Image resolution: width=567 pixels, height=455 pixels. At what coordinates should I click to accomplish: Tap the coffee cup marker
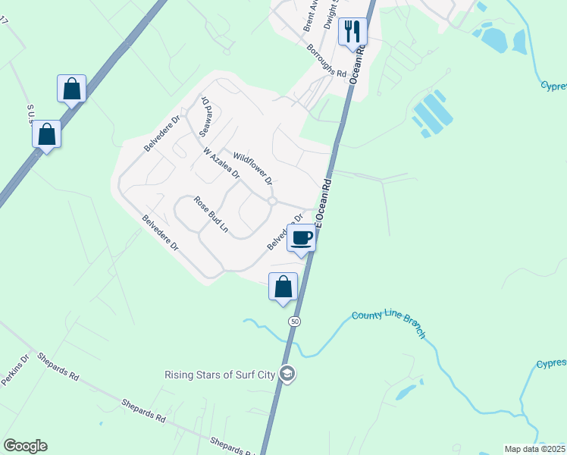pos(301,238)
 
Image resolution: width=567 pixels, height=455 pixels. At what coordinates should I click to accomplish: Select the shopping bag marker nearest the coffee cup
pos(283,287)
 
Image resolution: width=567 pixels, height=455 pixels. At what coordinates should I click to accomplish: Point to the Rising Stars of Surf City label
pos(221,375)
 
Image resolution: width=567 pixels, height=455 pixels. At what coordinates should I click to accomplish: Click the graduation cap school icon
pos(287,374)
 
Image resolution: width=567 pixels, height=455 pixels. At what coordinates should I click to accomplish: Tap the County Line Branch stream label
pos(387,324)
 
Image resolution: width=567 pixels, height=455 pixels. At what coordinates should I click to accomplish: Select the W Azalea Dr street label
pos(222,163)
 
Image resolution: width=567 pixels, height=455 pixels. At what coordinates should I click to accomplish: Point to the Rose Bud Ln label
pos(211,215)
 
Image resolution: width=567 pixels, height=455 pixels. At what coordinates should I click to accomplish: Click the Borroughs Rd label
pos(327,64)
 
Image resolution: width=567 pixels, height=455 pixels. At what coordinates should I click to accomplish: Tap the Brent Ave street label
pos(309,15)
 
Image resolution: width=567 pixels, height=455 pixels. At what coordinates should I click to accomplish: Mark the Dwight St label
pos(330,15)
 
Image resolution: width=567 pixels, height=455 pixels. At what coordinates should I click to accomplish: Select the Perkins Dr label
pos(14,369)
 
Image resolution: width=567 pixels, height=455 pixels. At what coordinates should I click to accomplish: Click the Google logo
pos(25,446)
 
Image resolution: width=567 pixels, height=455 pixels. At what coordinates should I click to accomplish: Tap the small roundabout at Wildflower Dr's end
pos(271,201)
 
